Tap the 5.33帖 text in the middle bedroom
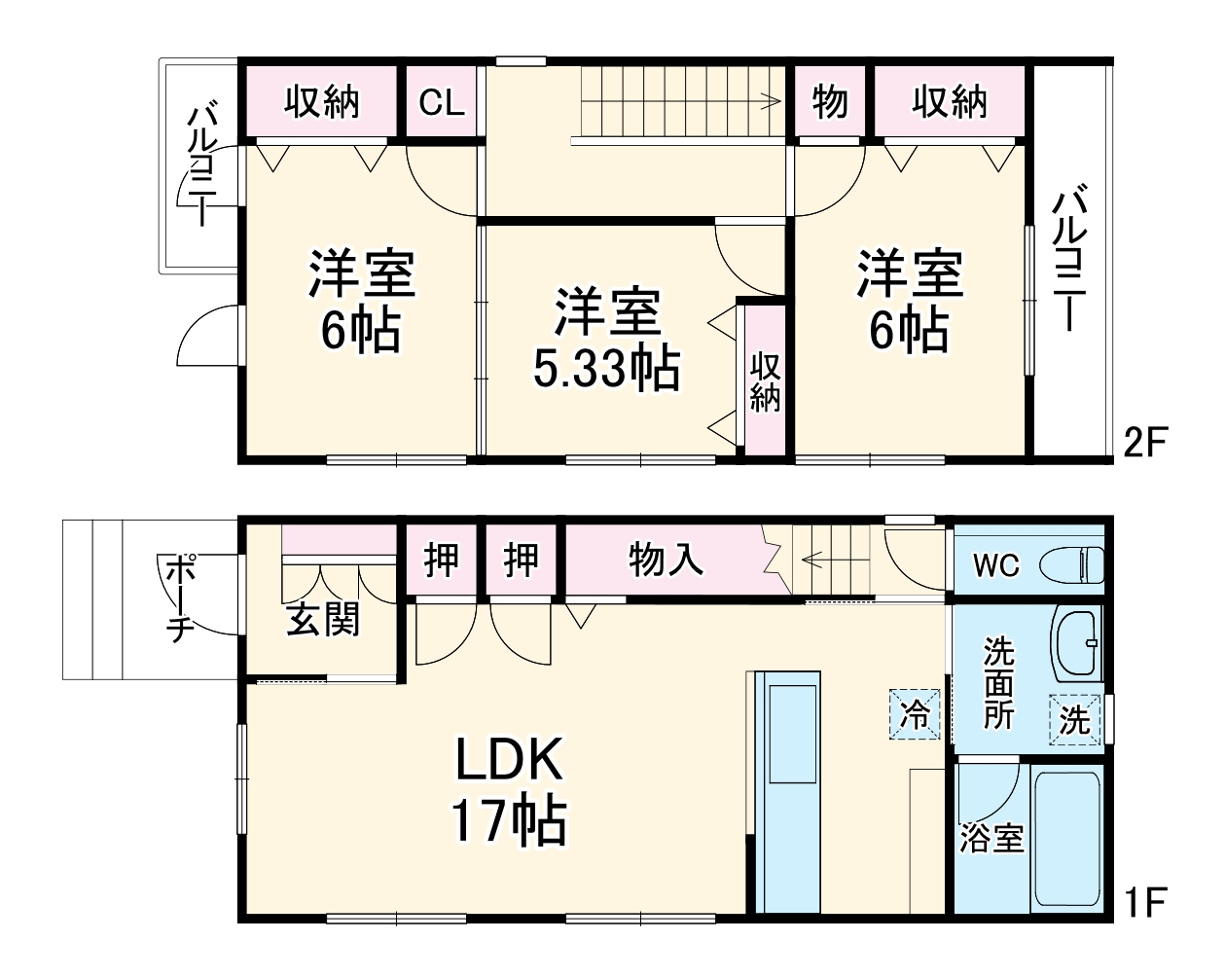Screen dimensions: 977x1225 click(605, 367)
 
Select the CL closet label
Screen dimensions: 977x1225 click(441, 102)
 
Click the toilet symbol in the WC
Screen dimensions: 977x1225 click(1072, 563)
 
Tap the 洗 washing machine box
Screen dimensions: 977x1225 click(1075, 720)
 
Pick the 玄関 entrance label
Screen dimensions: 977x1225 click(322, 619)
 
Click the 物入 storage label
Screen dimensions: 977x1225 click(666, 560)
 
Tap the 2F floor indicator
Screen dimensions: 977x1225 click(1144, 443)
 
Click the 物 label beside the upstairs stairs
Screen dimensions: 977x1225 click(829, 101)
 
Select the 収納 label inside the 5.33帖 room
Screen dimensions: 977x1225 click(765, 380)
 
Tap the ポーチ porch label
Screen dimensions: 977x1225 click(178, 598)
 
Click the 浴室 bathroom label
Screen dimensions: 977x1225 click(991, 838)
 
